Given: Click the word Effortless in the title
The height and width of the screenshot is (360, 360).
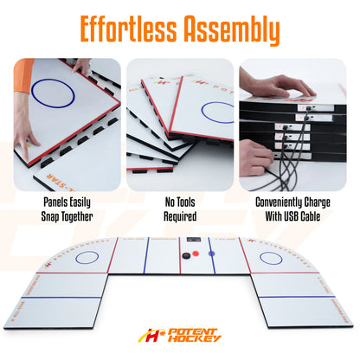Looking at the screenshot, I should pos(124,29).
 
